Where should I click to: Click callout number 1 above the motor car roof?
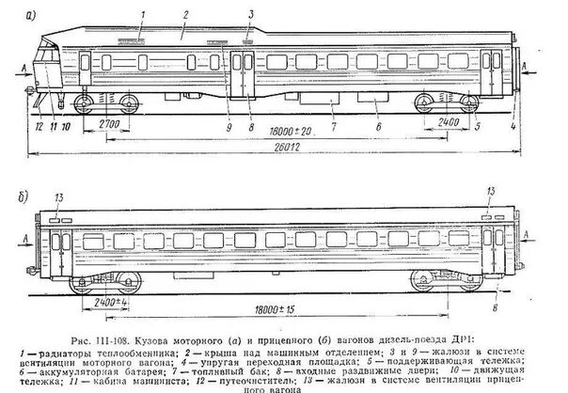tap(141, 13)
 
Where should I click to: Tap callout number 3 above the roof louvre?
tap(251, 14)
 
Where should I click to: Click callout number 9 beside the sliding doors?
tap(229, 123)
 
